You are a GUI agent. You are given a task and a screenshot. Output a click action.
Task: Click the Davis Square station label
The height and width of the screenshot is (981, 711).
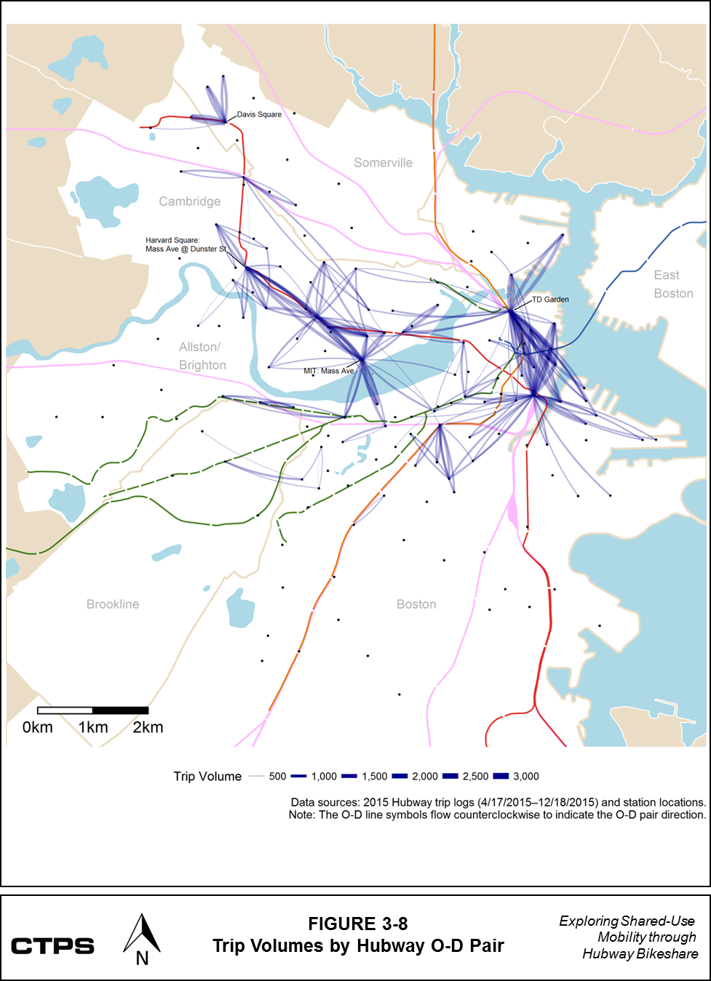click(x=259, y=115)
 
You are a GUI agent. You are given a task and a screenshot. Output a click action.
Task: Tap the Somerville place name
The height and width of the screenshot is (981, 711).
click(x=383, y=163)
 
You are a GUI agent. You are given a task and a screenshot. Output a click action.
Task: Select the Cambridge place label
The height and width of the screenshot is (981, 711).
click(x=189, y=201)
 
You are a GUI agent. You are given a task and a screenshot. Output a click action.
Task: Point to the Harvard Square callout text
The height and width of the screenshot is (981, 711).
click(x=186, y=244)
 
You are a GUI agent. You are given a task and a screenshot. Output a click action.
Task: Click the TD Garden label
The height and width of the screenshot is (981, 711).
click(x=550, y=300)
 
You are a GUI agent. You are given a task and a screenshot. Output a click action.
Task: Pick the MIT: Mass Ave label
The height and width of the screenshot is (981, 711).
click(x=328, y=371)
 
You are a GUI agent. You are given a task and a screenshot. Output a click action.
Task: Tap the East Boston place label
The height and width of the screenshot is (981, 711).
click(x=673, y=284)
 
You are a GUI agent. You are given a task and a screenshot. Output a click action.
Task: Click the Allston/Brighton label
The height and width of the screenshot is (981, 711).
click(x=202, y=356)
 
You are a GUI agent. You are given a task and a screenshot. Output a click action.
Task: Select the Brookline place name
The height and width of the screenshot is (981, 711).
click(x=112, y=604)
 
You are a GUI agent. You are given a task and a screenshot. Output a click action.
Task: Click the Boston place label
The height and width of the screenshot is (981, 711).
click(x=416, y=604)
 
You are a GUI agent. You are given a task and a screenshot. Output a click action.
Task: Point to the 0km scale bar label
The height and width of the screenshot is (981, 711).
click(x=38, y=727)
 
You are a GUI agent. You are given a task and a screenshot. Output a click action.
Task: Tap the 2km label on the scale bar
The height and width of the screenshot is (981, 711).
click(x=148, y=727)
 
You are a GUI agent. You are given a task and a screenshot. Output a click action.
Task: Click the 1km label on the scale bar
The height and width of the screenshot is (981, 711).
click(x=93, y=727)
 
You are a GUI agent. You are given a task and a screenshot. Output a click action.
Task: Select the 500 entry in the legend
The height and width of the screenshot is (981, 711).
click(x=277, y=776)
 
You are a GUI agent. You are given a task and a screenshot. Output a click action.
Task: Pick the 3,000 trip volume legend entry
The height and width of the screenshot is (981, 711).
click(x=525, y=776)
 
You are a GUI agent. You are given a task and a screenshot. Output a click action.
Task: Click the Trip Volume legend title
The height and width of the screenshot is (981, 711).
click(x=207, y=776)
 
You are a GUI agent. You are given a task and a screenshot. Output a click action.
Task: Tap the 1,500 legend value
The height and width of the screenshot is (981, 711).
click(x=374, y=776)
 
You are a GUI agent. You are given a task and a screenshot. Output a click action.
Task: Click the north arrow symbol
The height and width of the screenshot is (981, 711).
click(x=142, y=941)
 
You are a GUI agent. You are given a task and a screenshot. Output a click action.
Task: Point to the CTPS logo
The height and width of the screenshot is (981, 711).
click(x=52, y=946)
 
